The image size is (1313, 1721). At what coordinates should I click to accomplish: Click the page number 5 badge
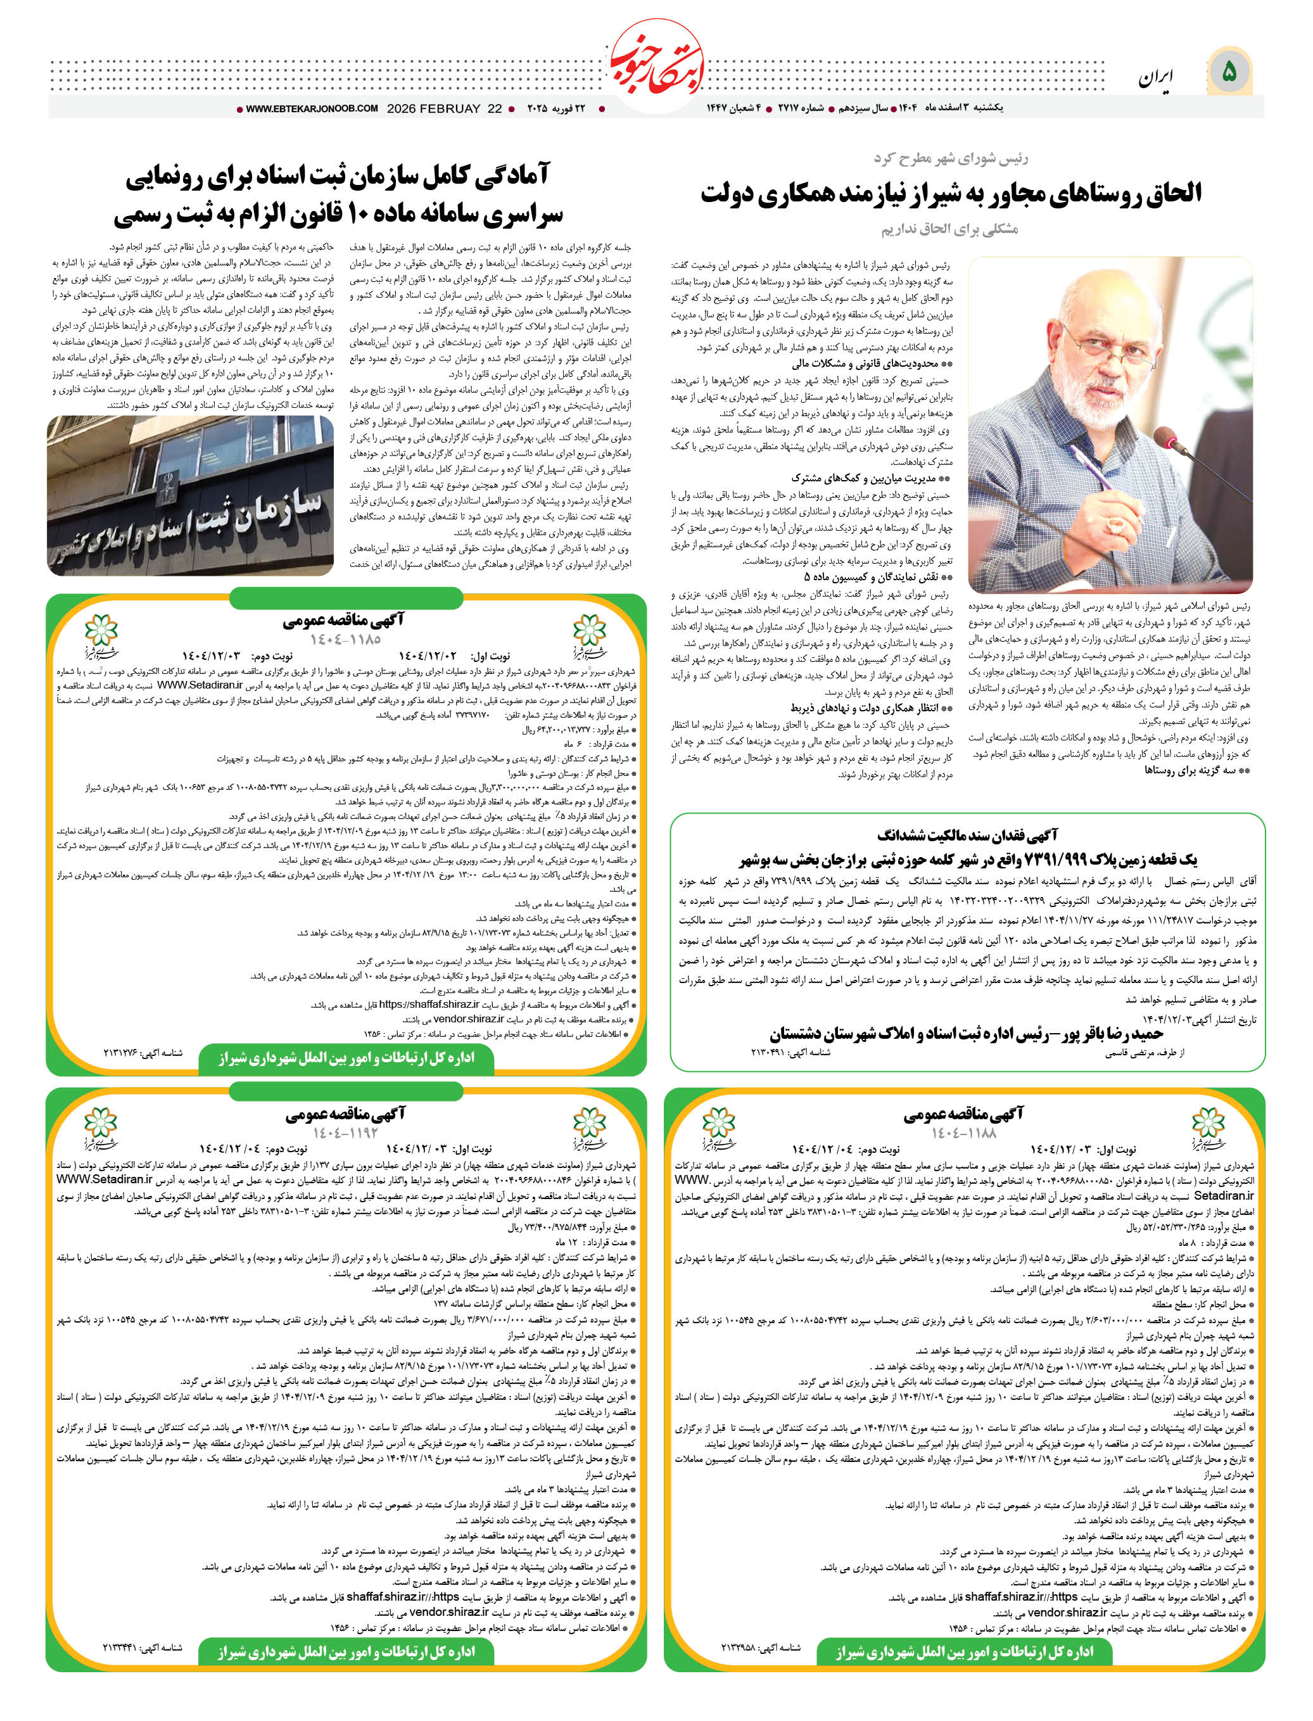1229,72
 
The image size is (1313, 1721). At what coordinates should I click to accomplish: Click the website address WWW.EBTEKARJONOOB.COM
312,109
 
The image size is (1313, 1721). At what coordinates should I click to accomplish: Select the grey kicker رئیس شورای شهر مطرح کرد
950,158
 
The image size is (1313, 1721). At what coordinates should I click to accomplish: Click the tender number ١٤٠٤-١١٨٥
345,639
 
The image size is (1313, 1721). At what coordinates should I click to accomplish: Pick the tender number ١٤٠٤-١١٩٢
345,1133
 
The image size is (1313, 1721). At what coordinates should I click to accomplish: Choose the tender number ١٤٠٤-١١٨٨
963,1133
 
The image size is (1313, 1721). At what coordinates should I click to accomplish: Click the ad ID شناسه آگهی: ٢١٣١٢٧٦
143,1053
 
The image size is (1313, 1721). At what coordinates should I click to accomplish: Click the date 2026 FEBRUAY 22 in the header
444,109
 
